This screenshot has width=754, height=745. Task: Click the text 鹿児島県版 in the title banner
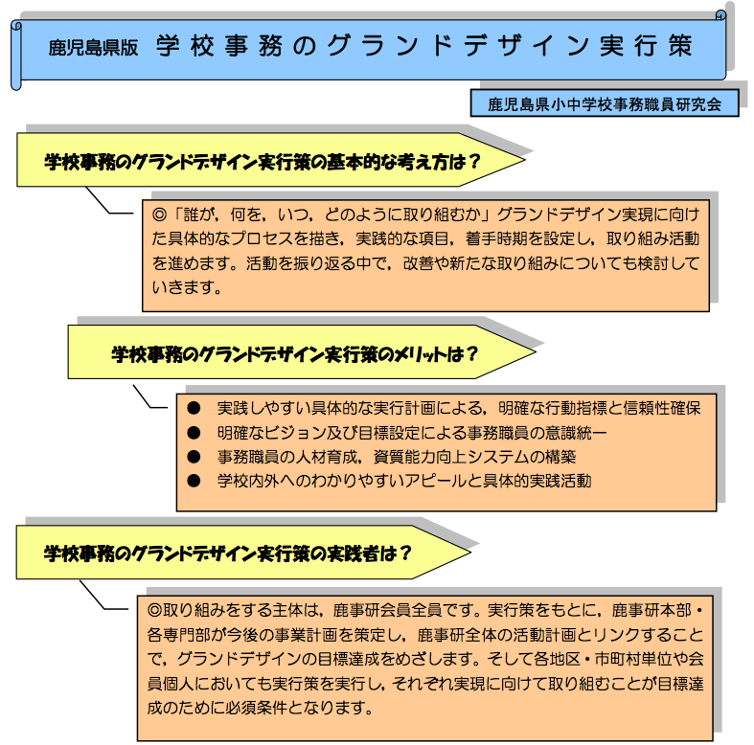[x=93, y=47]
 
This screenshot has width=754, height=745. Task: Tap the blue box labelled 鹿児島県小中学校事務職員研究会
[x=605, y=103]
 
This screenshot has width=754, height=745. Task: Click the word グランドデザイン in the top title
[x=458, y=46]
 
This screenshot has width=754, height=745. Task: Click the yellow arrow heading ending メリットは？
[x=302, y=351]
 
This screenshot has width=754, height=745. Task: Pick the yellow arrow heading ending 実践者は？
[x=243, y=552]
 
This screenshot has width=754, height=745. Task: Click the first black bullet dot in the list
[x=194, y=408]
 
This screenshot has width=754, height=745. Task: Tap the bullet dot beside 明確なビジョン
[x=194, y=433]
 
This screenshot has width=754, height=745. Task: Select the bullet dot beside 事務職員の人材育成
[x=194, y=457]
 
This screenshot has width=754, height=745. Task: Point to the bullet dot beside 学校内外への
[x=194, y=481]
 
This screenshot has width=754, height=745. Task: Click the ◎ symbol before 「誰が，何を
[x=159, y=214]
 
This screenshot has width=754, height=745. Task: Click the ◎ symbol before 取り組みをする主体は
[x=155, y=610]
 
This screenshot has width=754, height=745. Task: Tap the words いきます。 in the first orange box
[x=187, y=287]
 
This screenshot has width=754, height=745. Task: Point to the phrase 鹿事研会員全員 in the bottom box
[x=387, y=610]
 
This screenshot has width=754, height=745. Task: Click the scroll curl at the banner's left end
[x=16, y=56]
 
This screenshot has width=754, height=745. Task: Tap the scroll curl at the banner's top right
[x=720, y=15]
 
